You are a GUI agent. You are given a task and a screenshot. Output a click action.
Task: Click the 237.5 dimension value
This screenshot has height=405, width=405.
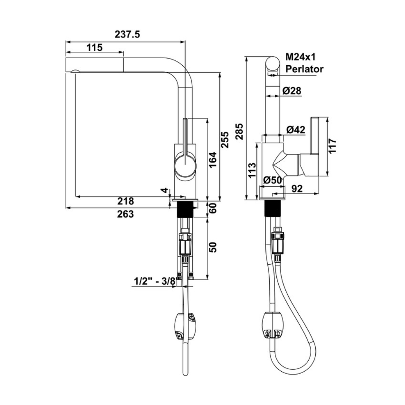pos(127,34)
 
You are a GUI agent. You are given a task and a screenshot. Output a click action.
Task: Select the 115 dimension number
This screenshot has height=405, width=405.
pos(94,48)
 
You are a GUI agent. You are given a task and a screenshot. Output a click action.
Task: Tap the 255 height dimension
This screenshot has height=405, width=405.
pos(224,139)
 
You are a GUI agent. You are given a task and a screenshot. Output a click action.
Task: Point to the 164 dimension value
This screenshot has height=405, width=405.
pos(212,160)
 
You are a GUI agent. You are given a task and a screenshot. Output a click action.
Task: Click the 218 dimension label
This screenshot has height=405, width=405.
pos(126,201)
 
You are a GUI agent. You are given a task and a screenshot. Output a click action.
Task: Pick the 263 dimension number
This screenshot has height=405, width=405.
pos(126,214)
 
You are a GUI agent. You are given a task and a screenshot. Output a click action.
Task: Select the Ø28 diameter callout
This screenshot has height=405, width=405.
pos(292,91)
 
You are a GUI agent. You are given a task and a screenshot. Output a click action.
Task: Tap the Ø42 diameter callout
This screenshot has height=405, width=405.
pos(296,130)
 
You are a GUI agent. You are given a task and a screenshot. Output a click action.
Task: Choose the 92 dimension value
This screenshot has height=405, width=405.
pos(297,189)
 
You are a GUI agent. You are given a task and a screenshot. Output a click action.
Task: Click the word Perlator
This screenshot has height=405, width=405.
pos(304,69)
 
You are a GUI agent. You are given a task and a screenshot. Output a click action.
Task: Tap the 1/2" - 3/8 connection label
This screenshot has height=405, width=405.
pos(154,280)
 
